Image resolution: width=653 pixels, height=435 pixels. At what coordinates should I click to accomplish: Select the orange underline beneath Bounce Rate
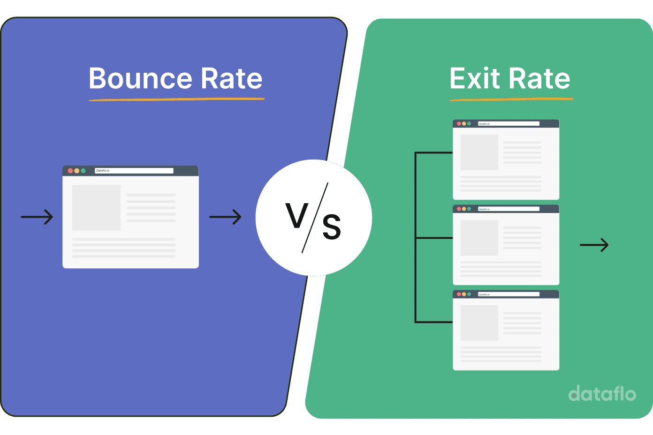[x=177, y=99]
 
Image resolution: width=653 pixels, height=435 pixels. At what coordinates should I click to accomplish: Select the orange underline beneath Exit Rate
[x=511, y=99]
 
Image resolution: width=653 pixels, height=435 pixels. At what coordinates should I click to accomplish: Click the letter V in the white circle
[x=296, y=216]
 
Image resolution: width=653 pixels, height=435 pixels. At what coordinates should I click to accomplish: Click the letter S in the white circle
[x=331, y=227]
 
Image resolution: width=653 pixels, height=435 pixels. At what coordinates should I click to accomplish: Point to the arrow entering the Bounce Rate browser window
[x=37, y=217]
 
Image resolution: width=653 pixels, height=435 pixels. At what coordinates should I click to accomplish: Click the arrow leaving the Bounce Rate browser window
[x=225, y=217]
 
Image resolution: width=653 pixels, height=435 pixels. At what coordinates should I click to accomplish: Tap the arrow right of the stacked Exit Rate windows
[x=594, y=245]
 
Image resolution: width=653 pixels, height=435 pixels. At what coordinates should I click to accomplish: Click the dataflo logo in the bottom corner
[x=602, y=394]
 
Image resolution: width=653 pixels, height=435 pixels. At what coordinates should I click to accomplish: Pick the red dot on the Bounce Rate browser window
[x=70, y=171]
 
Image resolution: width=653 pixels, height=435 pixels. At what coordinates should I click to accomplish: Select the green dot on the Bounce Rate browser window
[x=83, y=171]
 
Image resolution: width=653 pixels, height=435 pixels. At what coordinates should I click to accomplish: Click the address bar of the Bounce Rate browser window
[x=134, y=171]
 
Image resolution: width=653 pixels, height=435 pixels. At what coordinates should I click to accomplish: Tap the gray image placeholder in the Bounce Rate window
[x=96, y=207]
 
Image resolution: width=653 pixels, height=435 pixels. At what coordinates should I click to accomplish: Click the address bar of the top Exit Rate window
[x=509, y=124]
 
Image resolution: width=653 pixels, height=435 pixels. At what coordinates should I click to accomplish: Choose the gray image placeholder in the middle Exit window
[x=479, y=238]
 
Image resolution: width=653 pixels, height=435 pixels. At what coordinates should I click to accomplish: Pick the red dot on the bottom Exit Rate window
[x=459, y=294]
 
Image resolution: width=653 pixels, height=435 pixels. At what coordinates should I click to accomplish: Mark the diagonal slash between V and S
[x=315, y=218]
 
